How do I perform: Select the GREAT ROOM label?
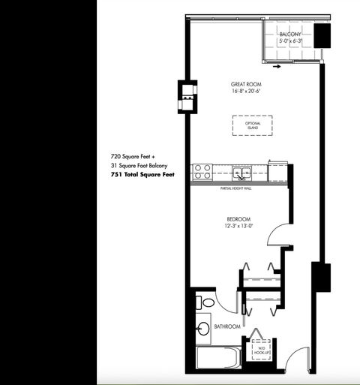tap(246, 84)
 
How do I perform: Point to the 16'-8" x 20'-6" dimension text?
tap(246, 92)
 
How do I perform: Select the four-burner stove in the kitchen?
tap(200, 173)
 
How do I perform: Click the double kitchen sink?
tap(241, 173)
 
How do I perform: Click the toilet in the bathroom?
tap(205, 302)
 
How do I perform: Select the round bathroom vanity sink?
tap(202, 328)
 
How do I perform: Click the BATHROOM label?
tap(226, 327)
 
